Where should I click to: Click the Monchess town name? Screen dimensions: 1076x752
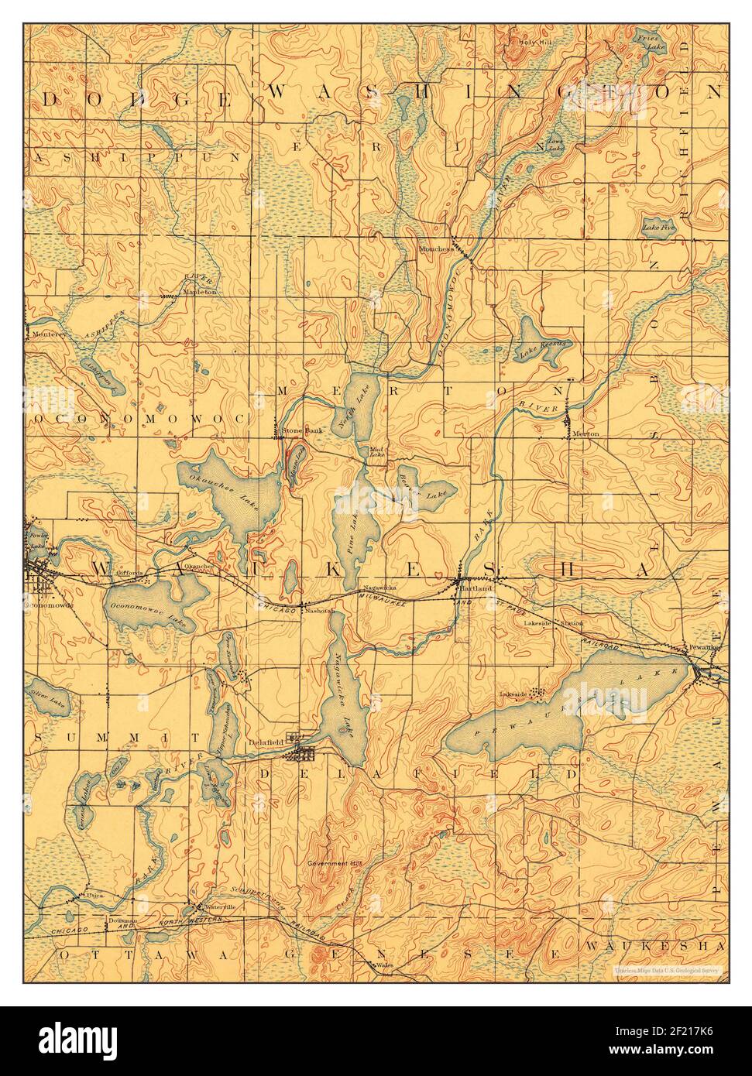click(x=434, y=249)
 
